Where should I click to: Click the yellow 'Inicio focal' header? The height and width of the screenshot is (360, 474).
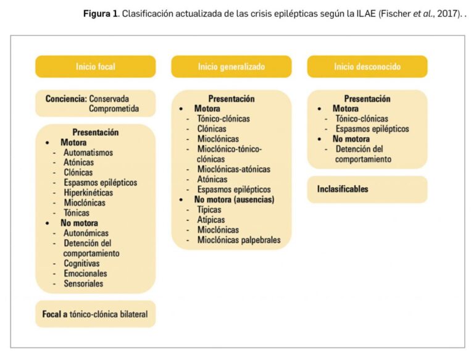[96, 67]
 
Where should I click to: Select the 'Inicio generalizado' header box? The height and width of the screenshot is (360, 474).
[231, 67]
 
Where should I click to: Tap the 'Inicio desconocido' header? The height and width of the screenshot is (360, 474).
[367, 67]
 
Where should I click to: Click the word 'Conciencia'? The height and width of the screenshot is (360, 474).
[65, 98]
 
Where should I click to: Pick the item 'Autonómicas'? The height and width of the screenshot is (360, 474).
[86, 233]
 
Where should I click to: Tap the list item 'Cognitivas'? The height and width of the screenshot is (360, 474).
[81, 263]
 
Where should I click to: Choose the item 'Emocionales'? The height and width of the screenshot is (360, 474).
[85, 274]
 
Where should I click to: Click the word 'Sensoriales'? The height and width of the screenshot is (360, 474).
[83, 283]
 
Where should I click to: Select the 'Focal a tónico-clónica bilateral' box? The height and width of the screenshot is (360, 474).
[95, 314]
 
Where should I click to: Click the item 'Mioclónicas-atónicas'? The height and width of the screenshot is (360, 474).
[233, 169]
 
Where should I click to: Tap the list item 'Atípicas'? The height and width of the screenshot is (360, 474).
[211, 219]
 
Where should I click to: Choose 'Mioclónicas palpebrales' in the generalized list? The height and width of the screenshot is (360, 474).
[239, 240]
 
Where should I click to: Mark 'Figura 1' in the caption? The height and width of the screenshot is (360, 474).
[101, 14]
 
